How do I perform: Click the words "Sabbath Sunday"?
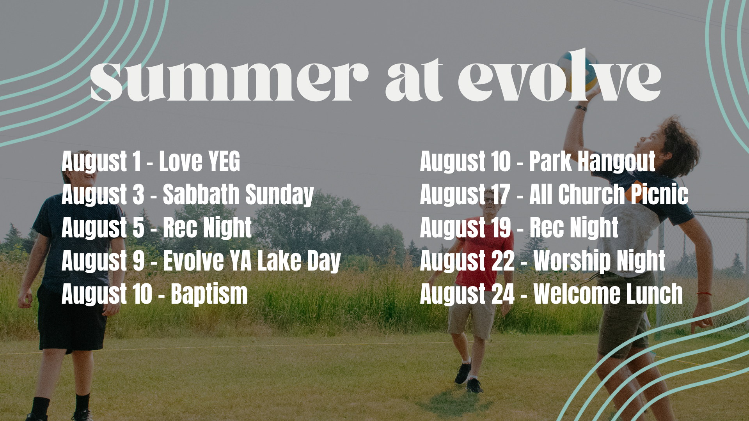[238, 195]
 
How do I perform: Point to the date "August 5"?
[103, 228]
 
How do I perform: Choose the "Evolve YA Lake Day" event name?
[252, 261]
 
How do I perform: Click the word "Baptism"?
[209, 294]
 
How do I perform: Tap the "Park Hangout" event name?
[592, 161]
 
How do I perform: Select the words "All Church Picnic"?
[609, 195]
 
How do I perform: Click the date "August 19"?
[465, 228]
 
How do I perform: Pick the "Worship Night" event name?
[599, 261]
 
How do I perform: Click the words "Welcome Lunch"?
[608, 294]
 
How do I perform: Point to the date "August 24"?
[467, 294]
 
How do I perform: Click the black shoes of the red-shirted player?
[468, 377]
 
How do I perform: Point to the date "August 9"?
[103, 261]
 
